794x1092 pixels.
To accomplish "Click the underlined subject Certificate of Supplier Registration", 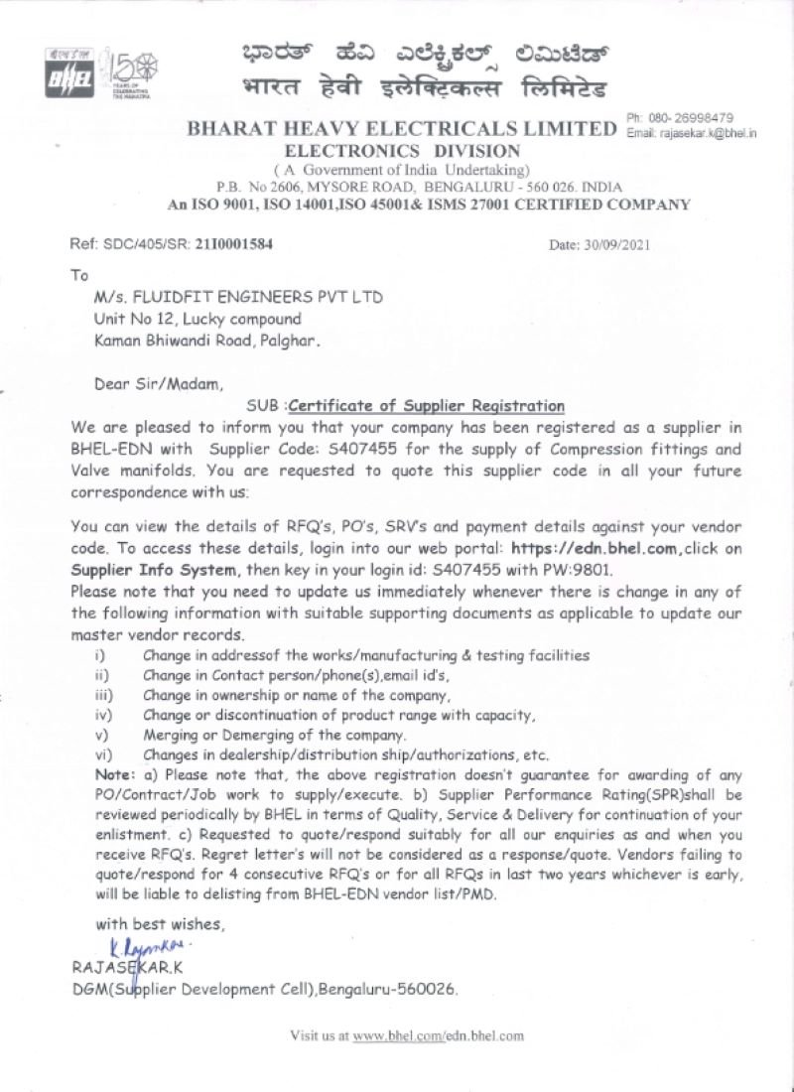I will [x=426, y=406].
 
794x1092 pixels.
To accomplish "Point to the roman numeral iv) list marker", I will [x=101, y=715].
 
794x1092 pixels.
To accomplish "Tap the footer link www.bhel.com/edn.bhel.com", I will [x=439, y=1035].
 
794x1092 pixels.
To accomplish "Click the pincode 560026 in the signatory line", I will [x=431, y=989].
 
